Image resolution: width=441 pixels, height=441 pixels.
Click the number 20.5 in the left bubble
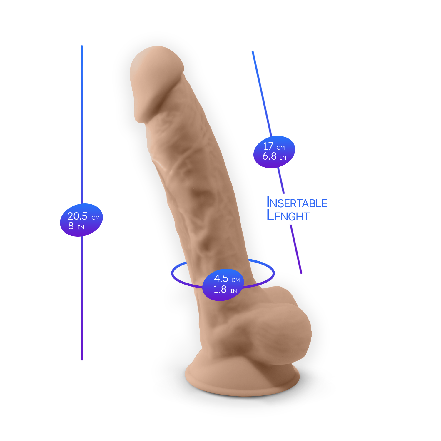77,216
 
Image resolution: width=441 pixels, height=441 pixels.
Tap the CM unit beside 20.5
96,218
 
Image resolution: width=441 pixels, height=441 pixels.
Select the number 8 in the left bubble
71,226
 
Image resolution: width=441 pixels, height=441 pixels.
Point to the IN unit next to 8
81,228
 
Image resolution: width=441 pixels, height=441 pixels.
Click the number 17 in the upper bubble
268,146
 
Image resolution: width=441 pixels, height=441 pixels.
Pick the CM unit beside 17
280,148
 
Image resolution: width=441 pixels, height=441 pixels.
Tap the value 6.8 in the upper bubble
269,156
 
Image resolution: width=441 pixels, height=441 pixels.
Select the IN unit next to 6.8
283,158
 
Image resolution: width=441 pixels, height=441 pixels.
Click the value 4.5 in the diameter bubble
221,278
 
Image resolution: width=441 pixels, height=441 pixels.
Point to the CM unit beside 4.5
235,280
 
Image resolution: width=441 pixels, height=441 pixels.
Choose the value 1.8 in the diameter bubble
220,289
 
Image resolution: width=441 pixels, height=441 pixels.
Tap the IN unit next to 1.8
233,291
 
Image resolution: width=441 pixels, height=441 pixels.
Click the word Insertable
297,203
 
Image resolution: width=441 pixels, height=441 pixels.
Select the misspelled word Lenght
288,216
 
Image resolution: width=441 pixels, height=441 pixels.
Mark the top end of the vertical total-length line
82,46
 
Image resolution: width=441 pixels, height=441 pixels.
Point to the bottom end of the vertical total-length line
82,359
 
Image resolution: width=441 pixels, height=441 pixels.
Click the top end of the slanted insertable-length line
253,52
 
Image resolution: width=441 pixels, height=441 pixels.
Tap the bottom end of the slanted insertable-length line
301,273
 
